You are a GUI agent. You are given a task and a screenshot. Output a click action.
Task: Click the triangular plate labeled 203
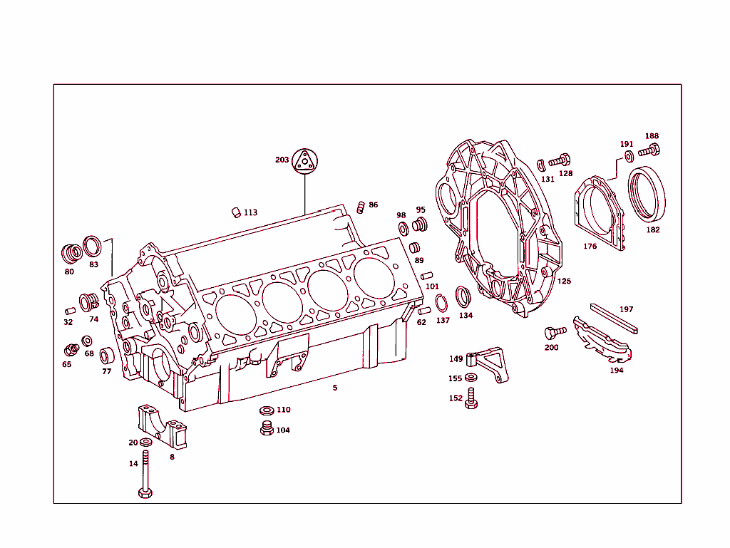coord(304,161)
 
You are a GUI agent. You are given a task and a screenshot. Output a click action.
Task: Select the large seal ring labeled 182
coord(647,193)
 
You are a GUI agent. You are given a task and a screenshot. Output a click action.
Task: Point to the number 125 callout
coord(564,281)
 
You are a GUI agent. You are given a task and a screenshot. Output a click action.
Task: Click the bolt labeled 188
coord(651,150)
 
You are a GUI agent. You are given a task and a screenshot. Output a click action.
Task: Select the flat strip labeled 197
coord(614,319)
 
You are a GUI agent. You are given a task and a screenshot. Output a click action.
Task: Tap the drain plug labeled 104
coord(267,429)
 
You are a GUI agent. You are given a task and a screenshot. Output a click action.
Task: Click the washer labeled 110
coord(267,410)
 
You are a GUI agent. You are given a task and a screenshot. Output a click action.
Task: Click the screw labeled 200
coord(554,332)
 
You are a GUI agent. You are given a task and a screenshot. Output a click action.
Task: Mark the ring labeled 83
coord(92,247)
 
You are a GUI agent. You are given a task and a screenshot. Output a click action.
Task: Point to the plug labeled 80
coord(71,254)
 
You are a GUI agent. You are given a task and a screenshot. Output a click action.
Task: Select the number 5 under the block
coord(335,388)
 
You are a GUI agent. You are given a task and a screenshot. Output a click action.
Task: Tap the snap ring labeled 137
coord(441,304)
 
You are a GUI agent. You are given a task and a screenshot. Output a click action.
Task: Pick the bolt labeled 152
coord(471,399)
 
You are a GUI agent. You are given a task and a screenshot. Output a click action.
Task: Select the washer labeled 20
coord(146,443)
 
